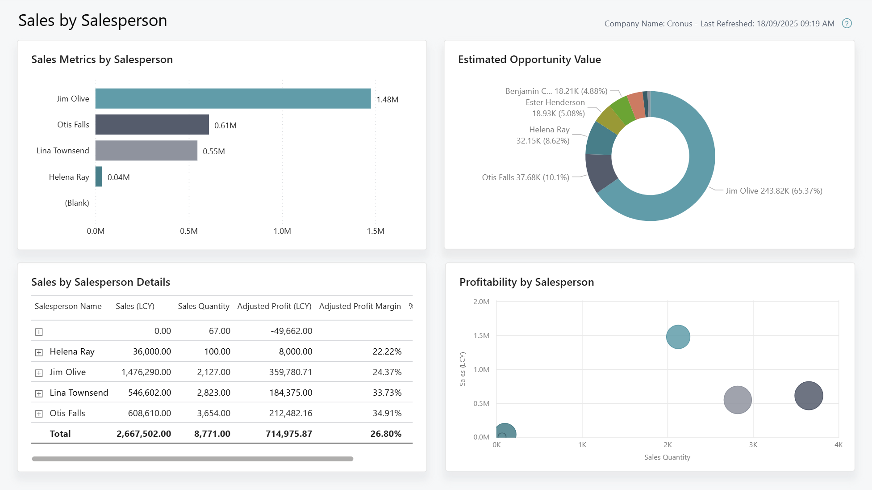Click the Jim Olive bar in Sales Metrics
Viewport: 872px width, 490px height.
(233, 98)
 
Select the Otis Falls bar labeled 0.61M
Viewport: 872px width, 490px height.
(152, 124)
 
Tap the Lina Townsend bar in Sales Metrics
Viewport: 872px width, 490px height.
(146, 150)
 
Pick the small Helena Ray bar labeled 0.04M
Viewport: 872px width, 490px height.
(99, 177)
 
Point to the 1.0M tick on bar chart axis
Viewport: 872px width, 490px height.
(282, 231)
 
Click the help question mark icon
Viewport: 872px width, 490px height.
(847, 23)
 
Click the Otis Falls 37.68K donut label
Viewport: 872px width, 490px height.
(525, 177)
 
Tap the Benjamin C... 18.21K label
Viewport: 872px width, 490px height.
(556, 91)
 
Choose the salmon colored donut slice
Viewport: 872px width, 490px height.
(636, 106)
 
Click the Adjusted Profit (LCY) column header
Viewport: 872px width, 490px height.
(274, 306)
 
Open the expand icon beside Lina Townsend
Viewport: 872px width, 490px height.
(39, 393)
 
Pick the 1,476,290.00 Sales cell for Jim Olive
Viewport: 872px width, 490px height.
(146, 372)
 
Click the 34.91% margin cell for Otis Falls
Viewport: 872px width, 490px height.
(387, 413)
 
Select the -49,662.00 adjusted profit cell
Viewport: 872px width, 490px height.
(291, 331)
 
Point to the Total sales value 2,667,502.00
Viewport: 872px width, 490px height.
(144, 434)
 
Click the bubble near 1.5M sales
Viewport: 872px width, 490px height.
(678, 337)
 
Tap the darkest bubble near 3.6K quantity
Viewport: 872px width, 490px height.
(808, 395)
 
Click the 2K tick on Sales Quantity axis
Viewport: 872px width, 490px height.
(668, 445)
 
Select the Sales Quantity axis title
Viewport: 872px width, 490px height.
(667, 457)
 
